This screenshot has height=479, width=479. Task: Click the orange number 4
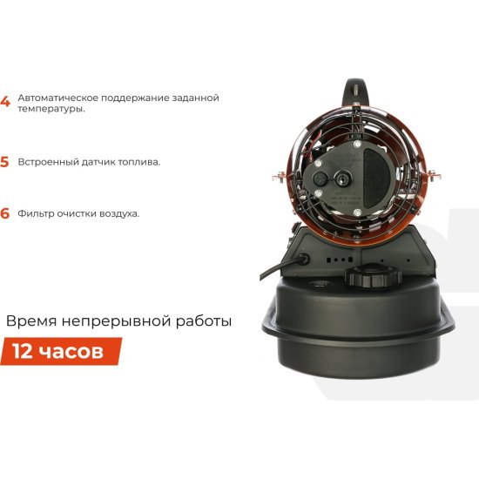click(5, 102)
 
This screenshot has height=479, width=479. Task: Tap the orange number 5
click(5, 162)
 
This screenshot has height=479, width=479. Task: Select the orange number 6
click(5, 213)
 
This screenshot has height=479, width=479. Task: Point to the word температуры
click(51, 110)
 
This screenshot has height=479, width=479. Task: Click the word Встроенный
click(48, 162)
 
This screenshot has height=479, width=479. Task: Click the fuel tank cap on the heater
click(373, 277)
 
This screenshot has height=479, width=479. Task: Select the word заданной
click(193, 98)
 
